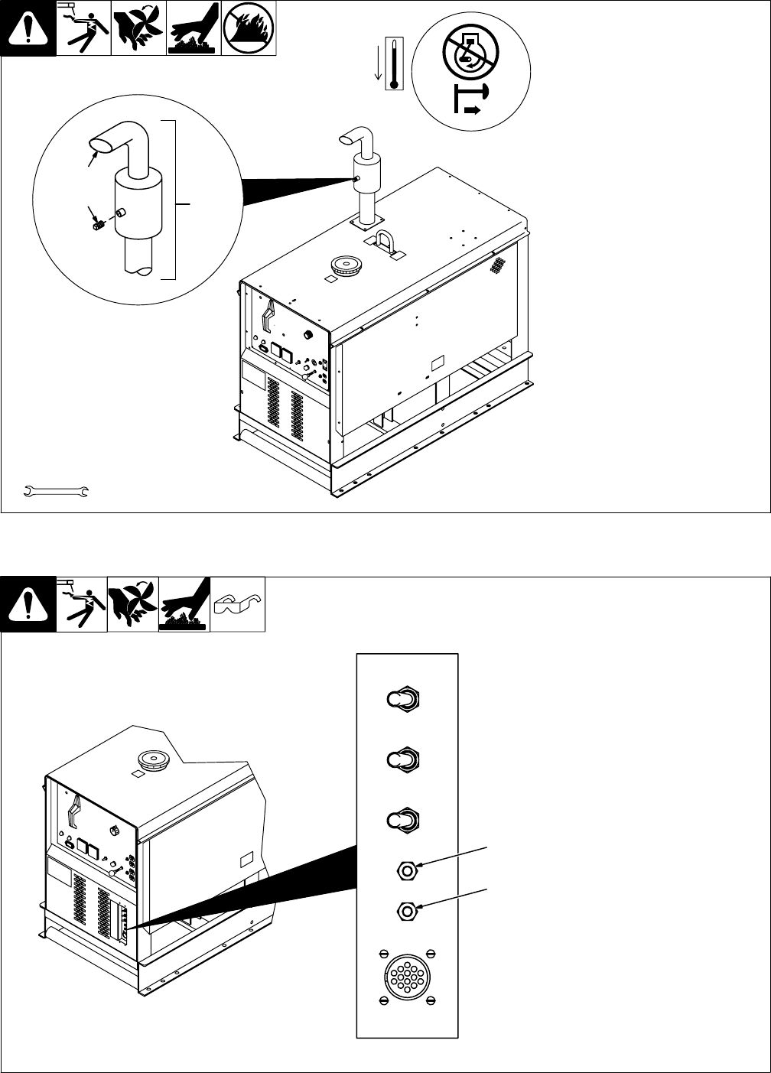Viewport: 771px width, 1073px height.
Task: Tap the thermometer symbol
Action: tap(395, 63)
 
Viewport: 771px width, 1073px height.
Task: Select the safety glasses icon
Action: tap(237, 603)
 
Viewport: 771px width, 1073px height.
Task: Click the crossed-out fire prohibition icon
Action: tap(248, 29)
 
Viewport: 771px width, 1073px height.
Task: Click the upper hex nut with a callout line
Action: tap(407, 869)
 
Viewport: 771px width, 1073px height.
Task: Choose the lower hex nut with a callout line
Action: tap(407, 910)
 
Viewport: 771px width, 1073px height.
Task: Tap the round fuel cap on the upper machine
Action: tap(345, 265)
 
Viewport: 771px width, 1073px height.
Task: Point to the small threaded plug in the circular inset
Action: tap(97, 226)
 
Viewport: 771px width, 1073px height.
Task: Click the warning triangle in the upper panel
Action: tap(28, 29)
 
